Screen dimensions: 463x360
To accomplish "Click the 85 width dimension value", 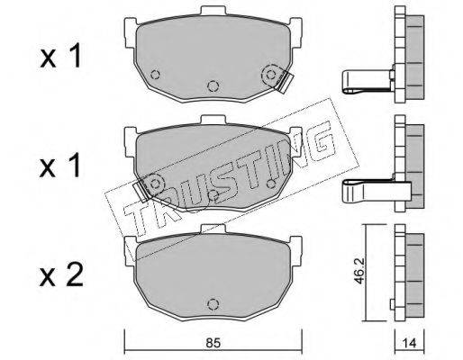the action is coord(213,344).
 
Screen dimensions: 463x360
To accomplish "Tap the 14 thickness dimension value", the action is coord(409,344).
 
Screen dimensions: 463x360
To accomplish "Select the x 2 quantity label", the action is coord(61,275).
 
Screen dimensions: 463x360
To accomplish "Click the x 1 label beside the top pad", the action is coord(61,56).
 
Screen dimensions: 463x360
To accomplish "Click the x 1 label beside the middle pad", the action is coord(61,166).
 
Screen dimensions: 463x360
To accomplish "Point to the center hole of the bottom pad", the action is coord(213,304).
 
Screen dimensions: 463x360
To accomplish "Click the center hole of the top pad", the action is coord(213,86).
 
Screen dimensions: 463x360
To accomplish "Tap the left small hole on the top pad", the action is coord(155,74).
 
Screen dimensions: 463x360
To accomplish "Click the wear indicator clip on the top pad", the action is coord(285,83).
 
